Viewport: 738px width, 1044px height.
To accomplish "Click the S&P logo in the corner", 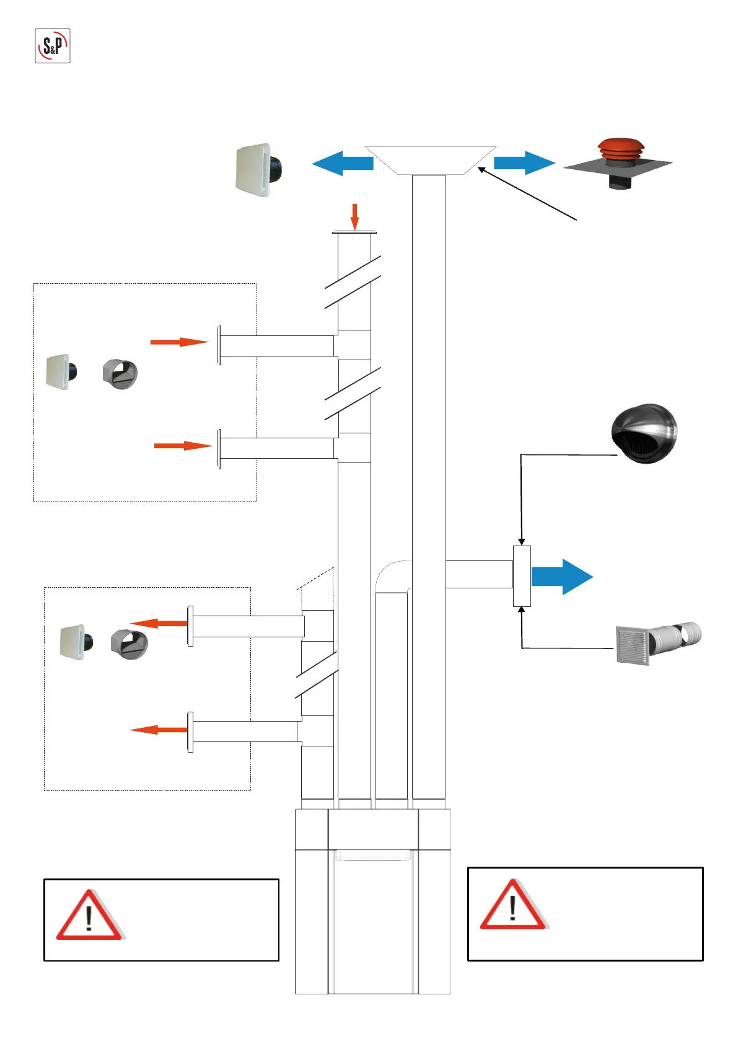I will coord(53,45).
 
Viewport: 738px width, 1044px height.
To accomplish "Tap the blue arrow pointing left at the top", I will coord(342,163).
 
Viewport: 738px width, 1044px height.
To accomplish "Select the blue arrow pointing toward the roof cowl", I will coord(524,162).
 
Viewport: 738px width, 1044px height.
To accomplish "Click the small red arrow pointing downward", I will coord(354,216).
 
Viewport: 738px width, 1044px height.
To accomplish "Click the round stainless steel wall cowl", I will coord(644,433).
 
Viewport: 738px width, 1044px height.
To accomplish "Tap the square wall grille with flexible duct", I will coord(657,643).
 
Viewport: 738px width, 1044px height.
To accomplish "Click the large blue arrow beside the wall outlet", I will coord(561,577).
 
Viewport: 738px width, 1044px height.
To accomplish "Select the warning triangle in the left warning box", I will coord(89,916).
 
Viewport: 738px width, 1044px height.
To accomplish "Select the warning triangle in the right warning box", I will coord(513,906).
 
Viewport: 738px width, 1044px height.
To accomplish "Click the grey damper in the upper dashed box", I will coord(120,374).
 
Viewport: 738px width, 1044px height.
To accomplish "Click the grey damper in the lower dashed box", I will coord(129,644).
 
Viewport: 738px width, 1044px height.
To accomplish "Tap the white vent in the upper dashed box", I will coord(61,371).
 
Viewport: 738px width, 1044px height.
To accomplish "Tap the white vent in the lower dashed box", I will coord(76,642).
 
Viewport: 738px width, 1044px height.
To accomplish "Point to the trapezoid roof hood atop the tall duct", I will coord(430,160).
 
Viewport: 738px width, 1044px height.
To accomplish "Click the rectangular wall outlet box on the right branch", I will coord(522,576).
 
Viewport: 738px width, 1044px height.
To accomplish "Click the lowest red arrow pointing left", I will coord(159,730).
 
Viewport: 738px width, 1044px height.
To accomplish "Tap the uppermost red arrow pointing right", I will coord(179,342).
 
